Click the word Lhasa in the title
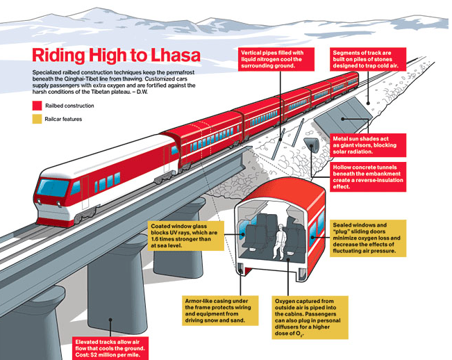pos(167,55)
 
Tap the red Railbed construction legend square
pos(36,106)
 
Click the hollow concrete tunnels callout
pos(371,177)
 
